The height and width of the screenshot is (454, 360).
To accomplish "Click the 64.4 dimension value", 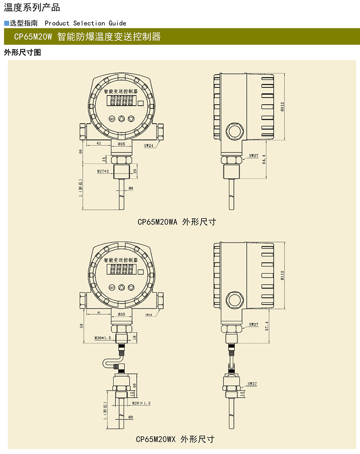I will point(264,159).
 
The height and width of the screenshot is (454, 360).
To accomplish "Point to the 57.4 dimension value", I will point(267,326).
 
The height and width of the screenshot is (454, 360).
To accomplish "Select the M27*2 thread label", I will point(103,171).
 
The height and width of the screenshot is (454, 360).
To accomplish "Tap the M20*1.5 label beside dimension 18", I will point(103,338).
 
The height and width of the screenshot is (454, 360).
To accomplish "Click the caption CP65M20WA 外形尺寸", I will point(177,222).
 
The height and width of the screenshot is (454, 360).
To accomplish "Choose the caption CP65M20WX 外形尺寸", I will point(175,439).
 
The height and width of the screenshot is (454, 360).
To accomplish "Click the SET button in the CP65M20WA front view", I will point(112,119).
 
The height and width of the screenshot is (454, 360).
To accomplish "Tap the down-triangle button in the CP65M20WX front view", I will point(131,287).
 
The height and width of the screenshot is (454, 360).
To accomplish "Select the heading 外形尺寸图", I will point(22,53).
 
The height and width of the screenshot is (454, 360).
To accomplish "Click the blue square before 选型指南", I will point(6,23).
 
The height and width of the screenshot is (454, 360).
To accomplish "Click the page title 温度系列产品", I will point(32,8).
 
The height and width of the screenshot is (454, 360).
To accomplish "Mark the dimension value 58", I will point(82,326).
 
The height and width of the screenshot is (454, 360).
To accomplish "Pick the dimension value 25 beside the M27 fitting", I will point(135,171).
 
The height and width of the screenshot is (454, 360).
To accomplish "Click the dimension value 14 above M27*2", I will point(104,159).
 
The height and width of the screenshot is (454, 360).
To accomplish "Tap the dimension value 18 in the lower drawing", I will point(135,338).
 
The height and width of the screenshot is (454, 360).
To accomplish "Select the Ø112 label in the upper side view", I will point(282,106).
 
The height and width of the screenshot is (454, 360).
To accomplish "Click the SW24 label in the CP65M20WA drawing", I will point(149,146).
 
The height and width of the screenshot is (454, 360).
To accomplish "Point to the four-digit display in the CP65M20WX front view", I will point(122,269).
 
